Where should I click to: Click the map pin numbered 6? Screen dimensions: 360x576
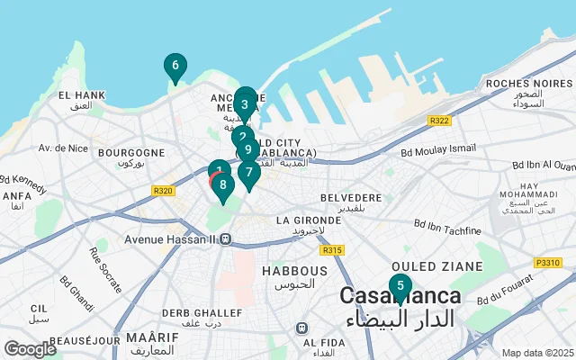pos(175,66)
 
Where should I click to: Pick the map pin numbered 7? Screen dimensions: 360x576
pos(249,171)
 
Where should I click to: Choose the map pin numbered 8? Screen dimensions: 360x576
pos(223,184)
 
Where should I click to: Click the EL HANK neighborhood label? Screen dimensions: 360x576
pos(81,94)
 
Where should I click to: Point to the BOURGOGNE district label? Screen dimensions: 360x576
pos(131,153)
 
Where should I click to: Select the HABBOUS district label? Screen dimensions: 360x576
pos(294,270)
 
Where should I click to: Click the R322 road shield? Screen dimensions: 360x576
pos(440,121)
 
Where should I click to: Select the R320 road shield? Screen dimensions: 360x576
pos(164,190)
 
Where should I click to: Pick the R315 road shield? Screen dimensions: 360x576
pos(332,249)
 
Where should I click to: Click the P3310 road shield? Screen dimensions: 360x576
pos(547,262)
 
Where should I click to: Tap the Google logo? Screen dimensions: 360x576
pos(31,348)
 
